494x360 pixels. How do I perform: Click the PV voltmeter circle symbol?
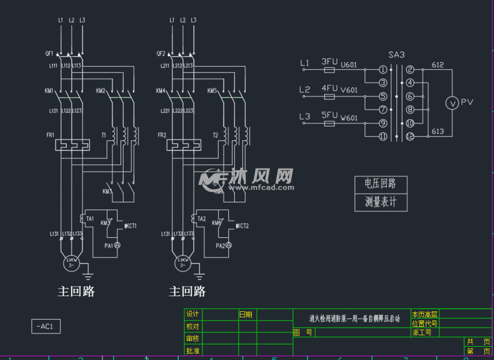point(452,103)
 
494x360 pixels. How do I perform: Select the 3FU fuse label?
point(329,61)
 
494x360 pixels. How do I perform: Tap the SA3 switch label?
point(396,55)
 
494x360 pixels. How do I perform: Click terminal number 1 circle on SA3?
point(383,70)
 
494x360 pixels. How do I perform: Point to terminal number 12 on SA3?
point(410,137)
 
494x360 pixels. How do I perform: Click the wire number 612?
point(437,65)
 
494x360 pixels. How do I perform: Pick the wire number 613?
point(437,131)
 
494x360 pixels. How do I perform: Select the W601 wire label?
point(349,119)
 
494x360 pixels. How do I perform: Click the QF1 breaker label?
point(49,53)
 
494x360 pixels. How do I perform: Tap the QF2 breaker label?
point(160,53)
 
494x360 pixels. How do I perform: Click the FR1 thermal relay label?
point(50,135)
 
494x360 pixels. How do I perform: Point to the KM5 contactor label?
point(212,91)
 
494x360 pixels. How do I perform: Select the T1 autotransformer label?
point(104,135)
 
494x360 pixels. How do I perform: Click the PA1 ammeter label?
point(108,246)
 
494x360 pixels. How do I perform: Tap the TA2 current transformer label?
point(202,219)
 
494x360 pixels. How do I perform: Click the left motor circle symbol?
point(71,262)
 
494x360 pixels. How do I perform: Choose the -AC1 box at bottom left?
point(46,326)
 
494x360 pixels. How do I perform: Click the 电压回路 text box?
point(381,184)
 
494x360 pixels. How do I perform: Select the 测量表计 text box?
point(381,202)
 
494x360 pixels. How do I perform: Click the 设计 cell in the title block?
point(193,314)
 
